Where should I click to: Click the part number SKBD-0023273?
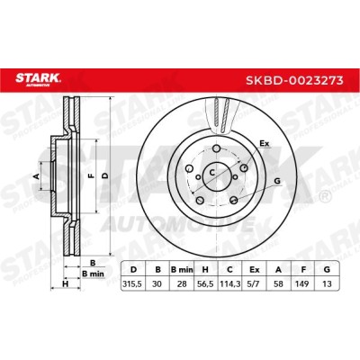click(x=294, y=80)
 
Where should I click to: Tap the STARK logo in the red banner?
click(x=38, y=79)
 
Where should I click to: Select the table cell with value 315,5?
click(x=132, y=283)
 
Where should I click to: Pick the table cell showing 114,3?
click(x=230, y=283)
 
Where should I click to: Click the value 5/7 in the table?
click(x=255, y=283)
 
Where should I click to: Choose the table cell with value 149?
click(x=302, y=283)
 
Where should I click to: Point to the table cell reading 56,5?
click(x=206, y=283)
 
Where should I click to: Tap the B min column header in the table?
click(x=182, y=270)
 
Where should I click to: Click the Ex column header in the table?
click(x=255, y=270)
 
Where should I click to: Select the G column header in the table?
click(x=327, y=270)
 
